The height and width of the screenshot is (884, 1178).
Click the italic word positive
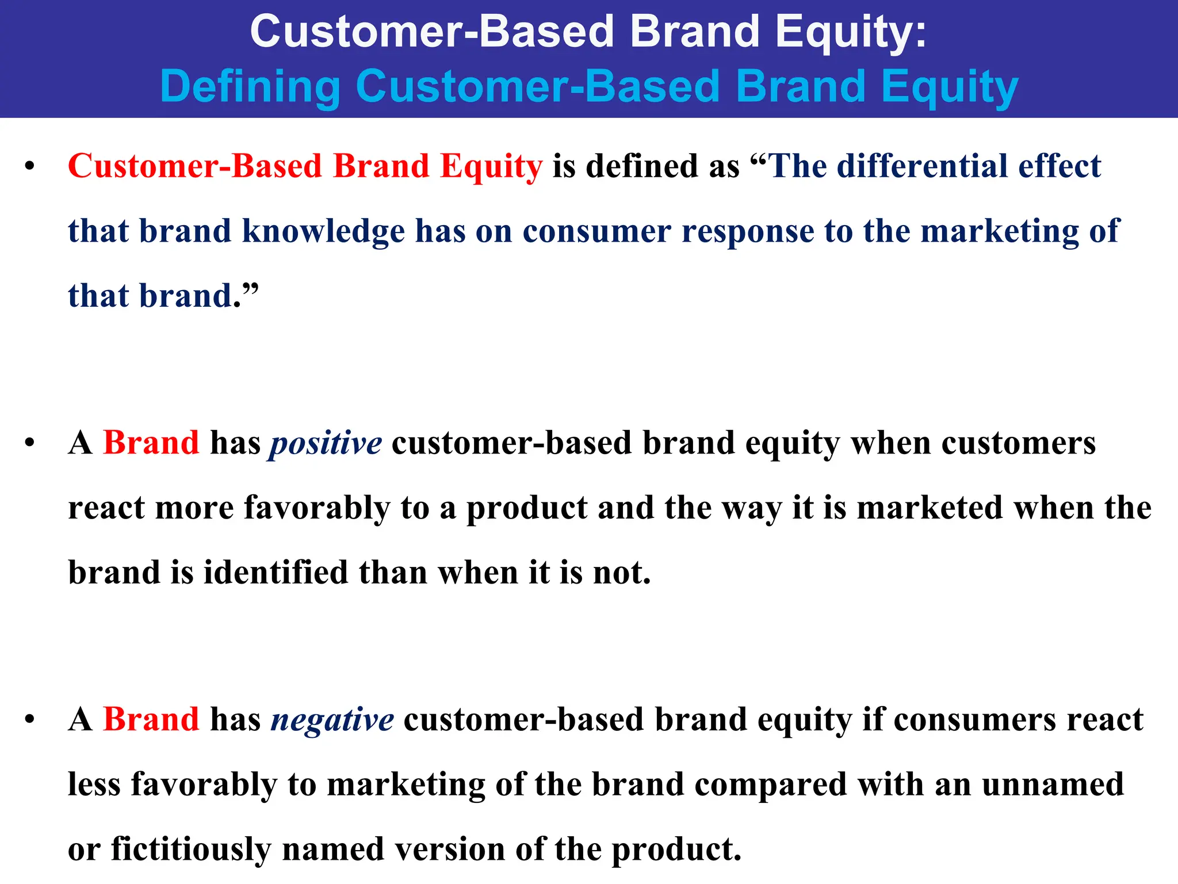click(326, 444)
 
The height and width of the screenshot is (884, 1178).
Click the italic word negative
click(332, 720)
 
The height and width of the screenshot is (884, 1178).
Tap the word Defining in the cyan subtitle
click(250, 86)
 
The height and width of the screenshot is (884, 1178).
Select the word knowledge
click(323, 232)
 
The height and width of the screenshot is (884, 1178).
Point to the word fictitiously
click(191, 849)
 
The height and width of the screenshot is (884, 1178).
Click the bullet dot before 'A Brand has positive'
click(30, 444)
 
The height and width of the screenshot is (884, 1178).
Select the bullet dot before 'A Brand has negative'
click(30, 720)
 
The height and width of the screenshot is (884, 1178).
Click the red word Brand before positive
click(151, 443)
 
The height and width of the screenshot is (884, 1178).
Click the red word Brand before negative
click(151, 719)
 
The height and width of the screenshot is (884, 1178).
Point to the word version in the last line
click(448, 849)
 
